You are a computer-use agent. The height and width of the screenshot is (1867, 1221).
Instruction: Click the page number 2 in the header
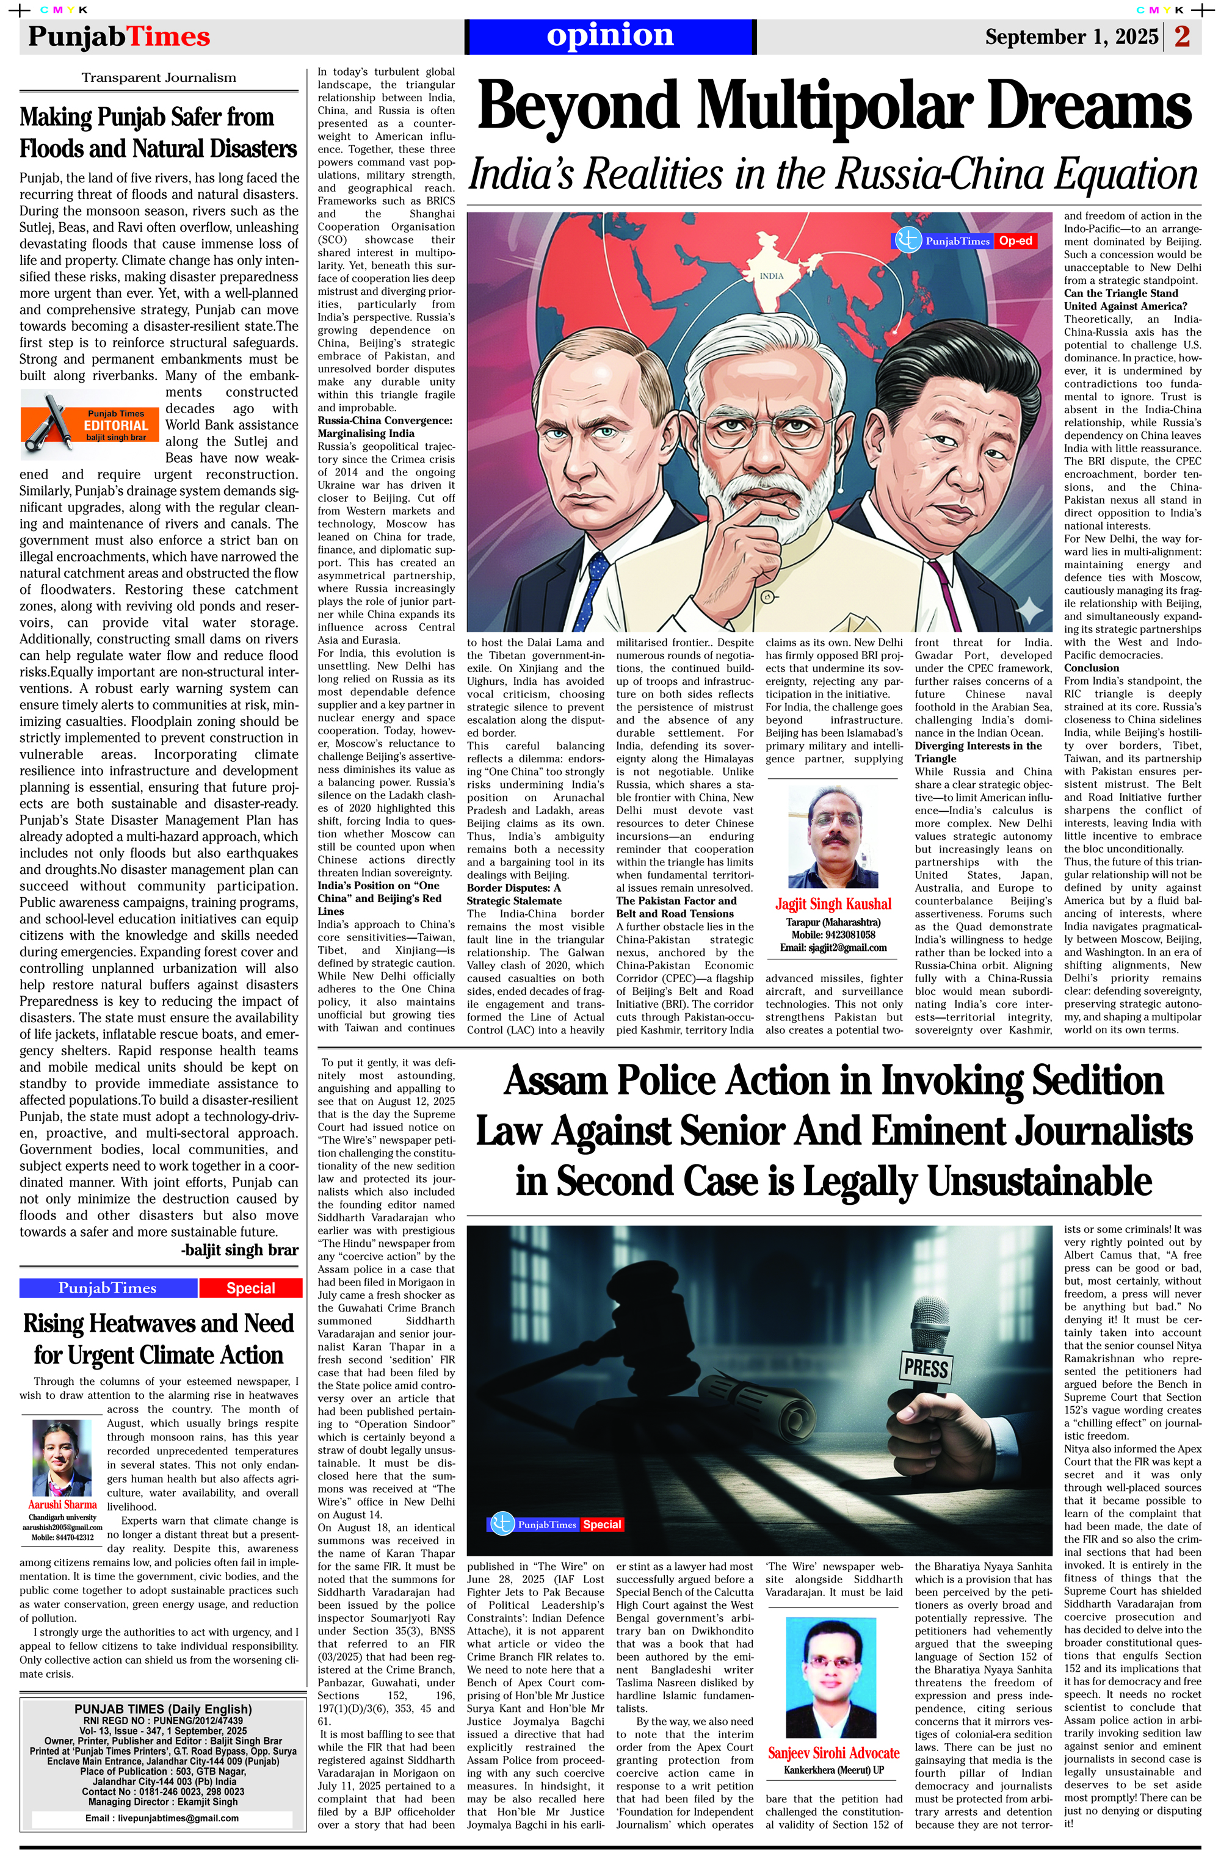(1183, 37)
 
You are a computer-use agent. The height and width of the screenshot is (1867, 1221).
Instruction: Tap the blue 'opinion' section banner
(610, 36)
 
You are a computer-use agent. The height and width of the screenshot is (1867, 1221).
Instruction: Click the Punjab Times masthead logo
(119, 37)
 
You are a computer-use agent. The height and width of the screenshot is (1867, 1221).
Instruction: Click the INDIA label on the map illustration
(771, 276)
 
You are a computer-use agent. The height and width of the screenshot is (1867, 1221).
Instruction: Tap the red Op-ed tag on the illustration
(1015, 241)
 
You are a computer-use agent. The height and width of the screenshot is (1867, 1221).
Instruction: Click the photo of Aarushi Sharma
(62, 1457)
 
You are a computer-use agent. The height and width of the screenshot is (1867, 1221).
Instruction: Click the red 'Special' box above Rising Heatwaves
(250, 1288)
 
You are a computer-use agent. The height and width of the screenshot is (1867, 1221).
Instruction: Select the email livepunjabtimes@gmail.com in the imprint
(162, 1818)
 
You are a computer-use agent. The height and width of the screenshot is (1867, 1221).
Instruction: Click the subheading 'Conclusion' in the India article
(1091, 668)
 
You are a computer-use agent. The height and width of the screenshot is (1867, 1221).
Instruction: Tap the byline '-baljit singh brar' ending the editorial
(239, 1249)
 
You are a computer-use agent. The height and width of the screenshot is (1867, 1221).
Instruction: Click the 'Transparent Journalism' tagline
(159, 78)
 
